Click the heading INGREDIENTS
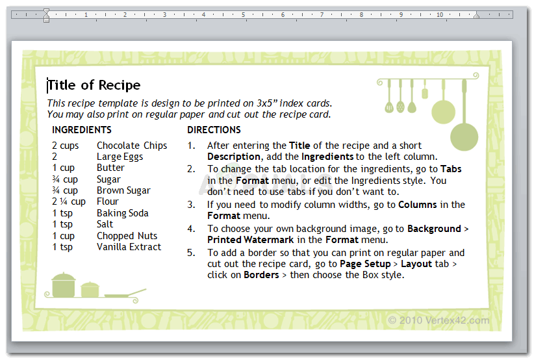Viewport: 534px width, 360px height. [x=82, y=130]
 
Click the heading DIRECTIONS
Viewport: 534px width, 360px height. [x=214, y=130]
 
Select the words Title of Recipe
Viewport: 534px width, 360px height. [x=94, y=85]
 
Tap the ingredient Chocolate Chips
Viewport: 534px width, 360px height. [x=132, y=146]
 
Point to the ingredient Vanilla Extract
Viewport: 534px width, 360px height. [x=129, y=247]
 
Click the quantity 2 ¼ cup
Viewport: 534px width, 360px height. [x=69, y=201]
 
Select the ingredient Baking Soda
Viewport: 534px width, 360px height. [x=123, y=213]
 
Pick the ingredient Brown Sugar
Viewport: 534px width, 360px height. [x=123, y=190]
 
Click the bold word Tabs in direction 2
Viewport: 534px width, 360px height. [x=451, y=169]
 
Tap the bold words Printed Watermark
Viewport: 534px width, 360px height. [x=250, y=240]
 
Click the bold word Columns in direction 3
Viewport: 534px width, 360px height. [x=418, y=205]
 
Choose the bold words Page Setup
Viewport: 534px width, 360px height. [x=366, y=264]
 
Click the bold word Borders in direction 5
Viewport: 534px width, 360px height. [x=261, y=275]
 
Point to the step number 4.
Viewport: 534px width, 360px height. [x=191, y=229]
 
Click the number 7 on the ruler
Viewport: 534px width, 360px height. [x=322, y=15]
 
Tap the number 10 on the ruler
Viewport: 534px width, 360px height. [x=440, y=15]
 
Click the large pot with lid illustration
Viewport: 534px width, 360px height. [x=64, y=285]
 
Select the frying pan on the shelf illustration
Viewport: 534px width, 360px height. [x=125, y=294]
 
